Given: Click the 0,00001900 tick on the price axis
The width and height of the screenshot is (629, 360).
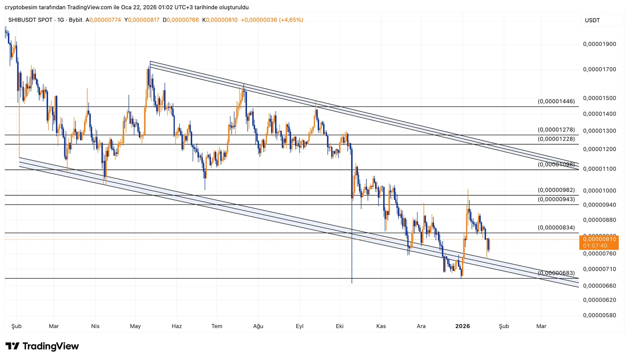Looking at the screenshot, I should (600, 44).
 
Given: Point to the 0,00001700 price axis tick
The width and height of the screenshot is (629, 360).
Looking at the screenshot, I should (600, 69).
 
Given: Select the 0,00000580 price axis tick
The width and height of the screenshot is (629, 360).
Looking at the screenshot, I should (600, 315).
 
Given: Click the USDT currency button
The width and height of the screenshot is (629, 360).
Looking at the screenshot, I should (592, 20).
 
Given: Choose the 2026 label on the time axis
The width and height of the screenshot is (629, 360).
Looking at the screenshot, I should (462, 326).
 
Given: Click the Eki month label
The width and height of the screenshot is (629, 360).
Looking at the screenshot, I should (340, 326).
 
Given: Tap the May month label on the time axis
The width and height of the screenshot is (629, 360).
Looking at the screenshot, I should (135, 326).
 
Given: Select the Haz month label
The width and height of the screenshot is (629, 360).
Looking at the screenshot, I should (177, 326).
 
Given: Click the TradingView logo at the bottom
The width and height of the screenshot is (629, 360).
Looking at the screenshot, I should (42, 346).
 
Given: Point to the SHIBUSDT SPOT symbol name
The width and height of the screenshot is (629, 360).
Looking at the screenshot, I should (30, 20).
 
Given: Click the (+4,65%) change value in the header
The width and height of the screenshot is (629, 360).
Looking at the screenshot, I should (291, 20).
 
